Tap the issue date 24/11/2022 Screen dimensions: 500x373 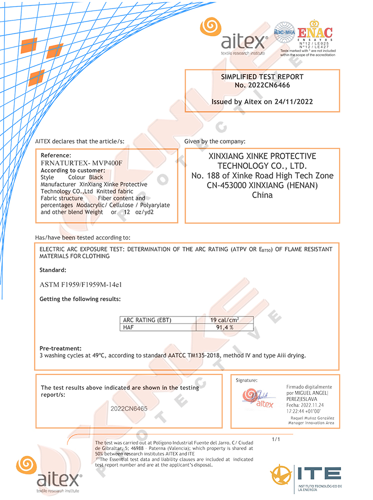(295, 101)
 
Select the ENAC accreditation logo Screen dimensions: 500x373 (314, 33)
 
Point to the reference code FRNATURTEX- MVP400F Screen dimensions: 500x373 (81, 163)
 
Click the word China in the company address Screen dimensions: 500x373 (262, 195)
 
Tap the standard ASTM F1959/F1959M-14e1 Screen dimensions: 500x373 (81, 284)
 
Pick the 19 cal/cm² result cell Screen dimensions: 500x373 (224, 320)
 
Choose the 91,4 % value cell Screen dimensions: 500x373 (224, 327)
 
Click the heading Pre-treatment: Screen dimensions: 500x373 (60, 348)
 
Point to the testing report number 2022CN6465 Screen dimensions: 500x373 (129, 408)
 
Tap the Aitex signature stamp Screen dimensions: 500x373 (259, 397)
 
